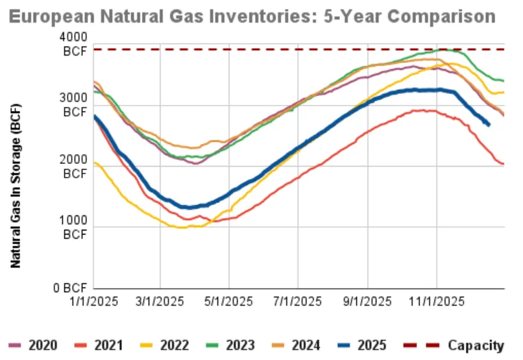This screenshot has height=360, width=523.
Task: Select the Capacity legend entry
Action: tap(463, 345)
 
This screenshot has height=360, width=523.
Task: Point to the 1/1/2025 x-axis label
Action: tap(94, 301)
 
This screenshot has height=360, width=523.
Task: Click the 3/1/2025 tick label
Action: tap(161, 301)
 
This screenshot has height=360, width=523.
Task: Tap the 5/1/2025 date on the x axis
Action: tap(230, 301)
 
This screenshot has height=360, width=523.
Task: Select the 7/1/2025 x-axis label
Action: tap(298, 301)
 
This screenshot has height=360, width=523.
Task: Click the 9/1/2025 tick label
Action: tap(367, 301)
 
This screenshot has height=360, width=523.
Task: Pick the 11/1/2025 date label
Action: tap(437, 301)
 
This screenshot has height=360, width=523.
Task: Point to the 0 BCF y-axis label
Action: tap(71, 288)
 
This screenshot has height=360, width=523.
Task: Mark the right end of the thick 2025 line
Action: tap(488, 125)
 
